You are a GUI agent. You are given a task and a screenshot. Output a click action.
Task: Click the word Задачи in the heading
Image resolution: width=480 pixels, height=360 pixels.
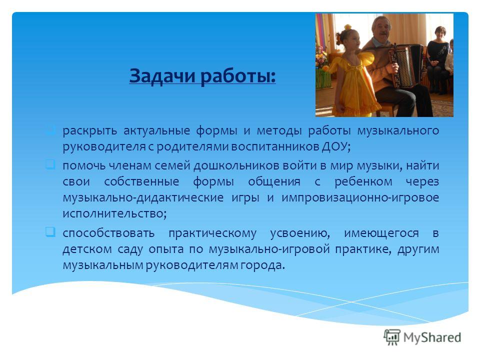(x=162, y=75)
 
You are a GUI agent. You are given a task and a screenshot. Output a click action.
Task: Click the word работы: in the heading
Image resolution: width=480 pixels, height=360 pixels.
(x=238, y=75)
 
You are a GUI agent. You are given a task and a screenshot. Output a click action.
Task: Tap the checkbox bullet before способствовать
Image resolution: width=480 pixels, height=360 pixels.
(x=50, y=231)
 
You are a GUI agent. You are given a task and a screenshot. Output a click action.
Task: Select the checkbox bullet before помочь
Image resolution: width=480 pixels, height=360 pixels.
(x=50, y=164)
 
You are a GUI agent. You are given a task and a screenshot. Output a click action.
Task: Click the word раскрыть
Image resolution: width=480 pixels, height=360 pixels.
(x=89, y=130)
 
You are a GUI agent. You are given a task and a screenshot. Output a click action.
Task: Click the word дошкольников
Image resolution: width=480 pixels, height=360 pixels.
(x=235, y=165)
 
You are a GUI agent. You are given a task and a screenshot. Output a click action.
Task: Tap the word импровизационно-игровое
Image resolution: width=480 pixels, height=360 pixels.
(x=360, y=197)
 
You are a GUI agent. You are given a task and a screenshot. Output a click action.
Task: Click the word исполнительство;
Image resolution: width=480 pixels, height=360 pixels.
(x=115, y=213)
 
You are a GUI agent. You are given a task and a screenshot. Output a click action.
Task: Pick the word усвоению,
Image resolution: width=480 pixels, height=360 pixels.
(x=300, y=233)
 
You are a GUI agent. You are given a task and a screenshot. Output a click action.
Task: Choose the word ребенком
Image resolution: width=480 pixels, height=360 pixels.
(x=363, y=181)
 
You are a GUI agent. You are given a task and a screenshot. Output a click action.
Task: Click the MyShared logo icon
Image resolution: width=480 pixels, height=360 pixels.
(x=392, y=337)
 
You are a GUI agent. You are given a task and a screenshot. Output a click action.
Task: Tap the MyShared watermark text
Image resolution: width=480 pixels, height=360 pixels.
(x=432, y=337)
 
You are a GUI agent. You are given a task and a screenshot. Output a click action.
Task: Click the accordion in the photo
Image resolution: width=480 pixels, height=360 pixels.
(x=406, y=66)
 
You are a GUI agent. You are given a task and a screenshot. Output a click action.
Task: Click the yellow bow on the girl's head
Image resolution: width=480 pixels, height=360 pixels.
(x=348, y=27)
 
